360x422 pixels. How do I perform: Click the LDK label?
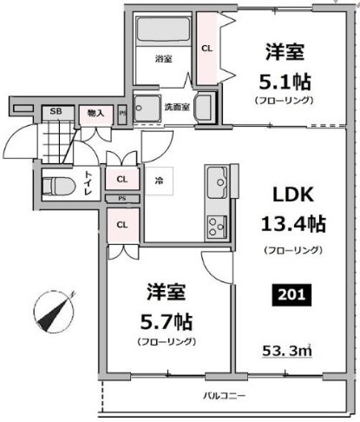293,193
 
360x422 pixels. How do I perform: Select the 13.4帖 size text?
293,223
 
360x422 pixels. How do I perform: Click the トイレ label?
88,185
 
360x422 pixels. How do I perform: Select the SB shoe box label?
56,111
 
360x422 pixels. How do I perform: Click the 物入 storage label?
95,112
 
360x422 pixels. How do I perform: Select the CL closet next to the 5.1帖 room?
206,49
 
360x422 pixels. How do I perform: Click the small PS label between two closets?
121,199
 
